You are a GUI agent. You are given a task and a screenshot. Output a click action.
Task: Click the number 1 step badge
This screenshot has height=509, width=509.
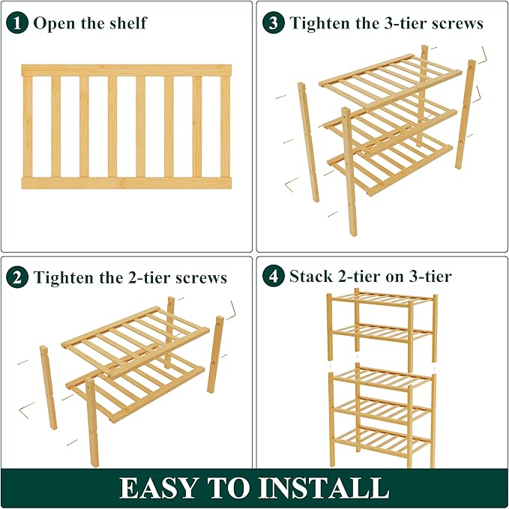[18, 22]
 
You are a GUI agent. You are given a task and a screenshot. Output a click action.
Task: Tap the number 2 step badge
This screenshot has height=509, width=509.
[18, 277]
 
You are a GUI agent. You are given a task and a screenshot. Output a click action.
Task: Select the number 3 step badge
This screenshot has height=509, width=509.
[274, 22]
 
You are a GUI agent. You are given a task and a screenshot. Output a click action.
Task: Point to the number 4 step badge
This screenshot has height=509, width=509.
[274, 277]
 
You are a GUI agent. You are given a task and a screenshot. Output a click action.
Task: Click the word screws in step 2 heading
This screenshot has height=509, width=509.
[200, 277]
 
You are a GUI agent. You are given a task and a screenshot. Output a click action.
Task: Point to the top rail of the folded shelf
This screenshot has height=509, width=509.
[126, 70]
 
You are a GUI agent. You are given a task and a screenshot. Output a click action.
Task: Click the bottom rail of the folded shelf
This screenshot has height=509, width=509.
[126, 182]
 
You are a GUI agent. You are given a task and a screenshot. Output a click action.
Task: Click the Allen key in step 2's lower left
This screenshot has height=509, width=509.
[27, 407]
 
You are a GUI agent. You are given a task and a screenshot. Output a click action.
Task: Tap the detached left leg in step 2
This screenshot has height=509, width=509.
[48, 386]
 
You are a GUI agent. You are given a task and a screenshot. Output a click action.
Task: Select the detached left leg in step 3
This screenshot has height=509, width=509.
[309, 142]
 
